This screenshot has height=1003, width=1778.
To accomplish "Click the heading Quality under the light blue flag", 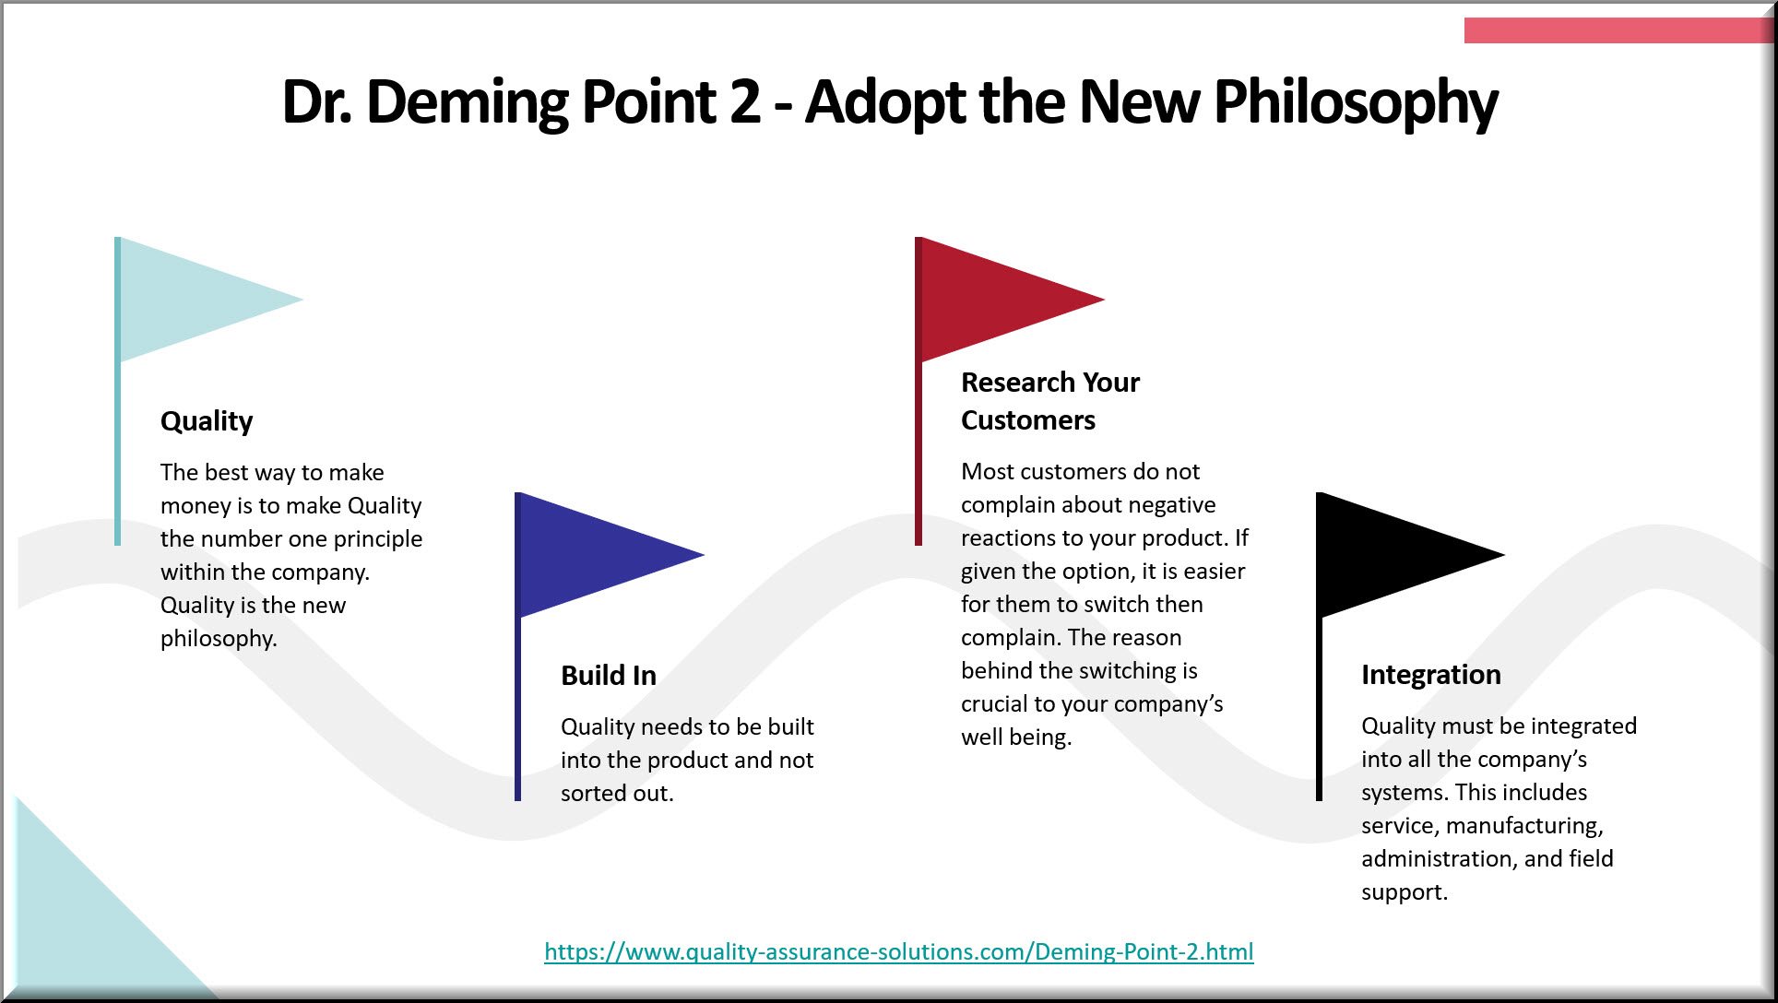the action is (x=207, y=422).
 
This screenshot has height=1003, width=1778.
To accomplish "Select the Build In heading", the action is (x=609, y=676).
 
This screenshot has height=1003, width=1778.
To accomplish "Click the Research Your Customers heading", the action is (x=1050, y=401).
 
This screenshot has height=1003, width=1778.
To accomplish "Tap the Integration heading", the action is (x=1431, y=676).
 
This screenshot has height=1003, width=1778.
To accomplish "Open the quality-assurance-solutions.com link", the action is (x=899, y=951).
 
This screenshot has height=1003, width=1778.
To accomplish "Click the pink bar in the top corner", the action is (x=1618, y=30).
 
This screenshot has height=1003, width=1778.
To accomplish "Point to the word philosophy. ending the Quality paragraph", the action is (x=219, y=639).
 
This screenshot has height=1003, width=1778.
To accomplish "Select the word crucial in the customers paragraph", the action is (x=994, y=704).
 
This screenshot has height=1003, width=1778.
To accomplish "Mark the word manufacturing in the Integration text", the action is (x=1524, y=827).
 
